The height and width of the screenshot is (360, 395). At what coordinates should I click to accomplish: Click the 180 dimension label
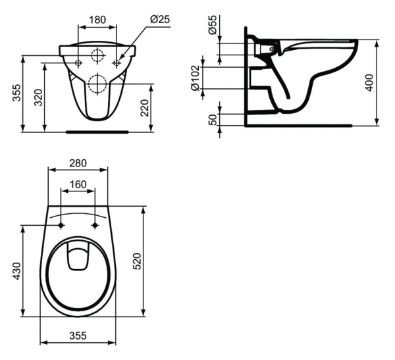pyautogui.click(x=97, y=19)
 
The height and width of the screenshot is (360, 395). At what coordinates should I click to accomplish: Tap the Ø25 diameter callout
pyautogui.click(x=159, y=19)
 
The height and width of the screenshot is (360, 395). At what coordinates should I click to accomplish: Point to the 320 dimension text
pyautogui.click(x=38, y=98)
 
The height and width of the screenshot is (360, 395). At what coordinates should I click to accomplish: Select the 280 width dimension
pyautogui.click(x=78, y=163)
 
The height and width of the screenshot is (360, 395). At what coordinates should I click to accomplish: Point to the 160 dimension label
pyautogui.click(x=78, y=184)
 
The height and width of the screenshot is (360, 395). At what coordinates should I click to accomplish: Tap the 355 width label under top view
pyautogui.click(x=78, y=335)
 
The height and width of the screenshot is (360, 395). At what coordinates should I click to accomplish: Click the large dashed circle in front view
pyautogui.click(x=97, y=83)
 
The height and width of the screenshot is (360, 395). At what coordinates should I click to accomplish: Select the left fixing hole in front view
pyautogui.click(x=78, y=63)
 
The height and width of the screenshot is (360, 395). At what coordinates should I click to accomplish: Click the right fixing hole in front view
pyautogui.click(x=117, y=63)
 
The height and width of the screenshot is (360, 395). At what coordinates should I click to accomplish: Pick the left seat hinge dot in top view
pyautogui.click(x=61, y=226)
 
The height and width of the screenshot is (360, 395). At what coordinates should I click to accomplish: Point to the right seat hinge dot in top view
pyautogui.click(x=95, y=226)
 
